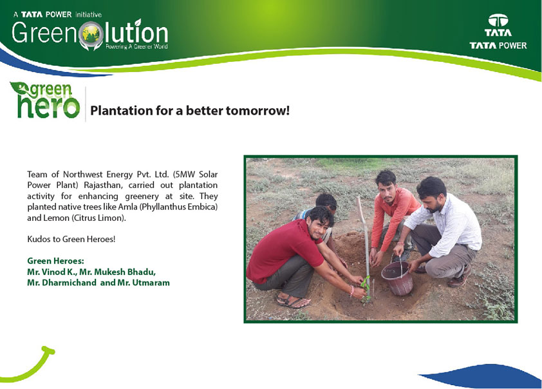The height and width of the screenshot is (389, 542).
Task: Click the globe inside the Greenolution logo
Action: pos(91,35)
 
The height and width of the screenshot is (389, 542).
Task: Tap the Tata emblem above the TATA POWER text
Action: pos(498,21)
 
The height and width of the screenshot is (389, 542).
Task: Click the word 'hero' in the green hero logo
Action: pos(48,106)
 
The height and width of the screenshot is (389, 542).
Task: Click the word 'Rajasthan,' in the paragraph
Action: pos(103,185)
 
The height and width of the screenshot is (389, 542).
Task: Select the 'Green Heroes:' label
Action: pos(55,261)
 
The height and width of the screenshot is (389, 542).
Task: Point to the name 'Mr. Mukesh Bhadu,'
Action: pos(118,272)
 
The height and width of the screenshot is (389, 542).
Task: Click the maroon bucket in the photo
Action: pos(398,278)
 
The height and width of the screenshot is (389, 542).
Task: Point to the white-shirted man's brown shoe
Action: pos(460,278)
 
